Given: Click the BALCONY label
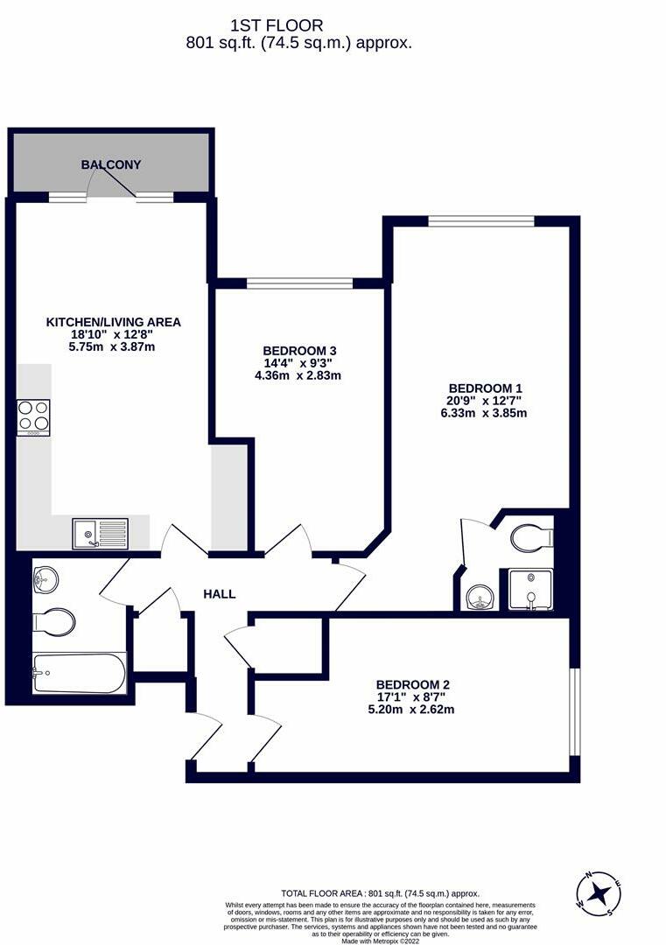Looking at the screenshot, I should point(111,164).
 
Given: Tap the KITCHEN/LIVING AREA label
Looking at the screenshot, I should point(113,322).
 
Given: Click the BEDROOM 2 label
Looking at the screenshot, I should point(415,684).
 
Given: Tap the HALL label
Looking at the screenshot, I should point(219,594).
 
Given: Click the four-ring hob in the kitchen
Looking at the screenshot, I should point(33,417).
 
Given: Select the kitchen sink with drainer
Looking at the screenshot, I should point(101,532).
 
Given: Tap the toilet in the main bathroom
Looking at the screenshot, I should point(54,622).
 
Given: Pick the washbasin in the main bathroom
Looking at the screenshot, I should point(45,577).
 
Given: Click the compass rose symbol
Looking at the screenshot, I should point(600,893).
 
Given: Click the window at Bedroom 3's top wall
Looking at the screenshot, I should point(299,283).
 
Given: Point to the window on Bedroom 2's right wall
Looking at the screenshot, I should point(574,711).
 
